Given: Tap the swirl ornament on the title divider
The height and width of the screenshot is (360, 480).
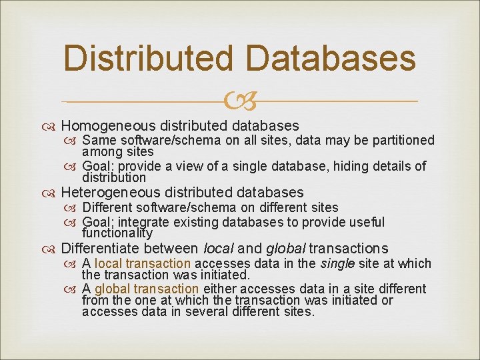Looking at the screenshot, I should click(240, 101).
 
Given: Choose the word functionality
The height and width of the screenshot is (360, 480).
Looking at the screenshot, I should click(117, 233).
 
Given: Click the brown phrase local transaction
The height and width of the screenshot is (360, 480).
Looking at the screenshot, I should click(143, 263).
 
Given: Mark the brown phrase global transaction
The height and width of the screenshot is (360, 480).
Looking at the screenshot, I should click(147, 289).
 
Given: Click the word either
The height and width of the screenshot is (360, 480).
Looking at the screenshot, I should click(219, 289).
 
